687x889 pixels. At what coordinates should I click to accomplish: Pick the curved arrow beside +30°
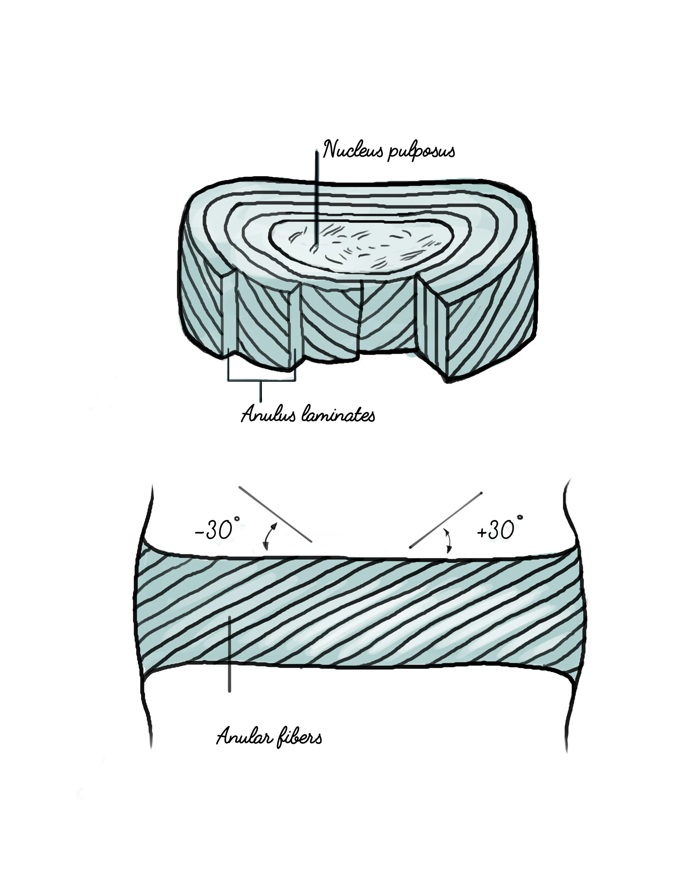(448, 540)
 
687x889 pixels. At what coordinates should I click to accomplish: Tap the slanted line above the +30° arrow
(446, 519)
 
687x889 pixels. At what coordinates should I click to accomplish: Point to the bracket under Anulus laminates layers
(261, 380)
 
